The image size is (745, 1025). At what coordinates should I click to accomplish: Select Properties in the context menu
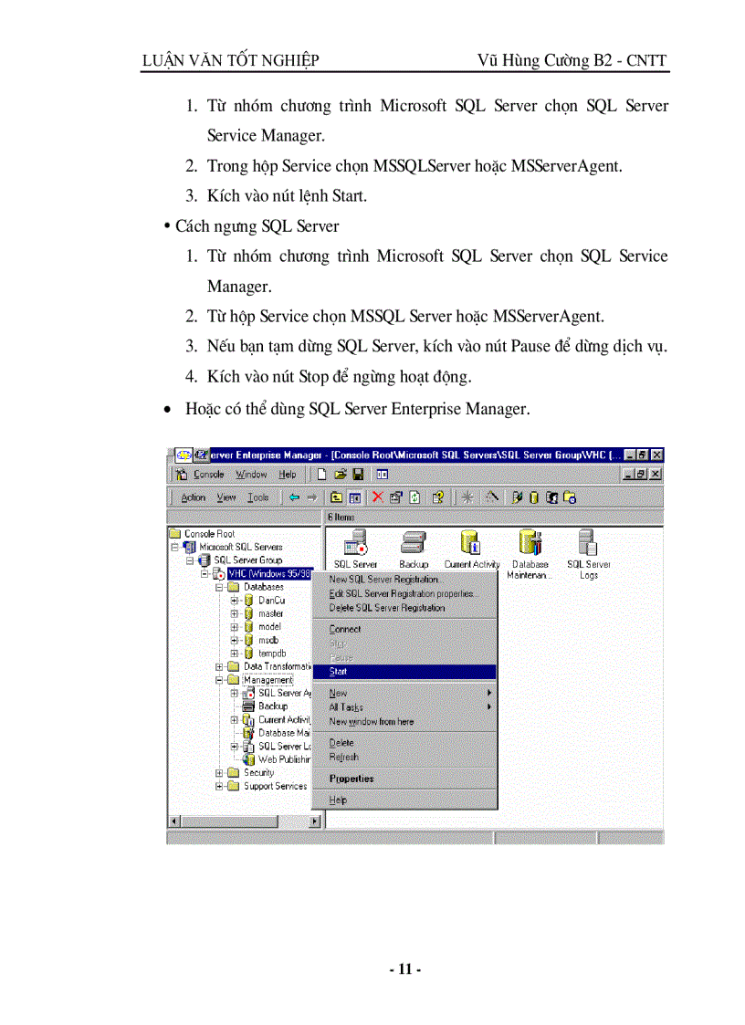pyautogui.click(x=352, y=779)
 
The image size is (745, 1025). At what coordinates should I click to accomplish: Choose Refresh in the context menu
pyautogui.click(x=344, y=757)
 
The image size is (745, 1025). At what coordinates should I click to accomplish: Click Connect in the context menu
pyautogui.click(x=345, y=629)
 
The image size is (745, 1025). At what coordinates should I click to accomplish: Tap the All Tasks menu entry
pyautogui.click(x=346, y=706)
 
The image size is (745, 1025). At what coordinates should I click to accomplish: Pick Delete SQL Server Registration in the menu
pyautogui.click(x=387, y=607)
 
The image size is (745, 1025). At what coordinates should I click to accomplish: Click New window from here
pyautogui.click(x=371, y=721)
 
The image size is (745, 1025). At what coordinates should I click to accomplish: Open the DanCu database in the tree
pyautogui.click(x=271, y=601)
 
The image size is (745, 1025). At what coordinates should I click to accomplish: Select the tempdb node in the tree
pyautogui.click(x=271, y=654)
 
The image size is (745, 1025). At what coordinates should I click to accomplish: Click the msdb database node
pyautogui.click(x=268, y=640)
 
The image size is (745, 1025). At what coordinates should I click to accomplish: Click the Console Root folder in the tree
pyautogui.click(x=209, y=534)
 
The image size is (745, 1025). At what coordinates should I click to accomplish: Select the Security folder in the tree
pyautogui.click(x=258, y=772)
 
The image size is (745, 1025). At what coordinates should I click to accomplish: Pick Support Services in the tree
pyautogui.click(x=275, y=786)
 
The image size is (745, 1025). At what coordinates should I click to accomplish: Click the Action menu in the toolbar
pyautogui.click(x=193, y=497)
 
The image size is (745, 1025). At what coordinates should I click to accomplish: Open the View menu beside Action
pyautogui.click(x=226, y=497)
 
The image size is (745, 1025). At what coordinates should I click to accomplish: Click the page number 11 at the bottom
pyautogui.click(x=404, y=969)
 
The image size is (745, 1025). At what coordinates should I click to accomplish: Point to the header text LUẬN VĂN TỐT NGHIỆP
pyautogui.click(x=230, y=61)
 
